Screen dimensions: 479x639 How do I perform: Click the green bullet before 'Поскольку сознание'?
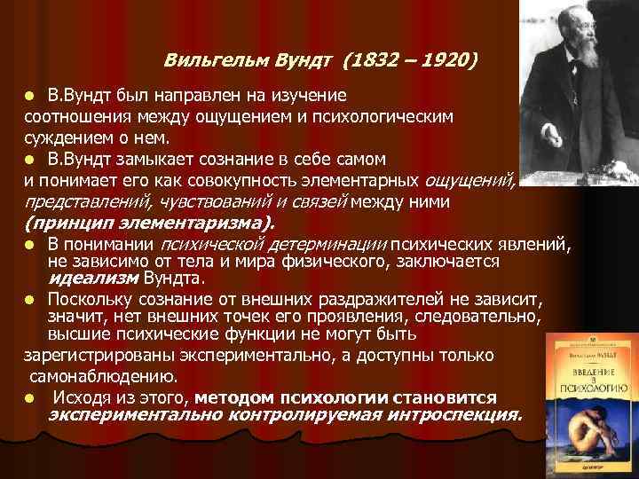[31, 298]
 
